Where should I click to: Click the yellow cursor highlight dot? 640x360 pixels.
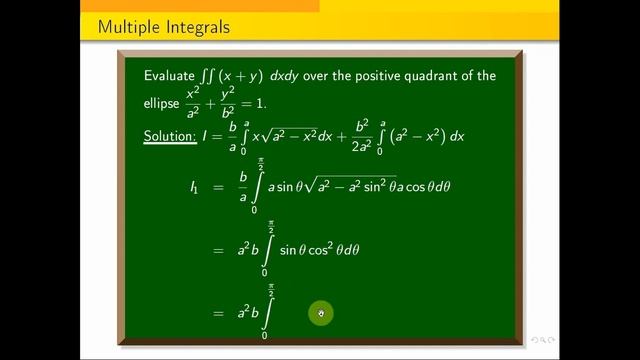coord(321,313)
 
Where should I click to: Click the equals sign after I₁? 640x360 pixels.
coord(218,186)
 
